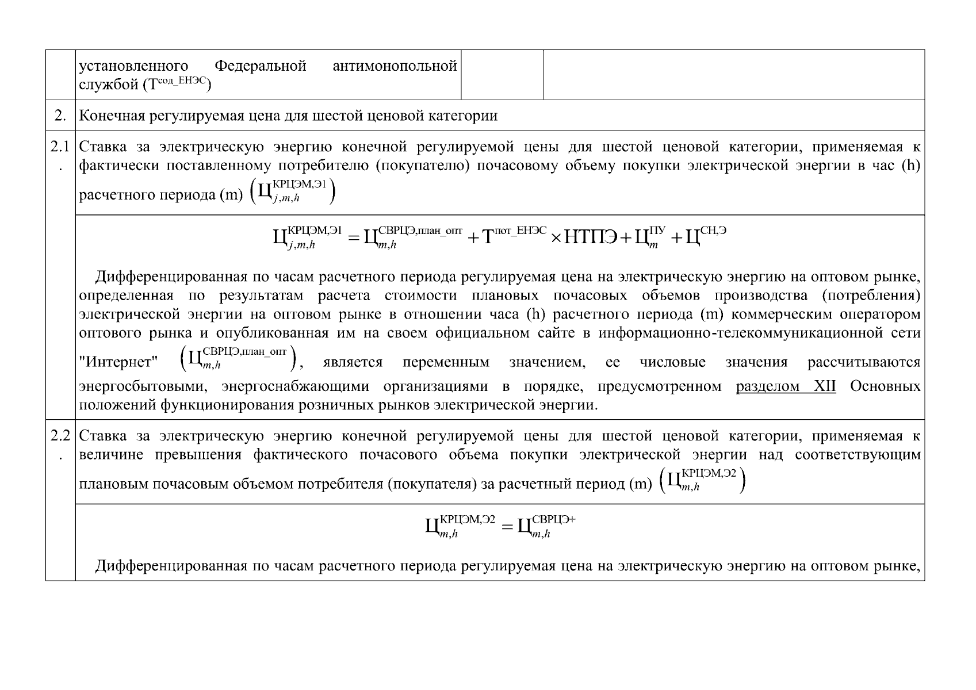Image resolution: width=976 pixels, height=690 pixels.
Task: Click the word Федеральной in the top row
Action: (x=260, y=66)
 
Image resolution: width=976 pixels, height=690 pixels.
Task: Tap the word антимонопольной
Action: (x=395, y=66)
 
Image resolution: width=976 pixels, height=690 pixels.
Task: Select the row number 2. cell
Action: (x=60, y=116)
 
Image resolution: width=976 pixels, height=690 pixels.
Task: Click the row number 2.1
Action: (x=60, y=148)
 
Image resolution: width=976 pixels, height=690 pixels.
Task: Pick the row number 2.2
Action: (x=60, y=436)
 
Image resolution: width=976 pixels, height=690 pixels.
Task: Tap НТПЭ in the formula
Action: (x=591, y=236)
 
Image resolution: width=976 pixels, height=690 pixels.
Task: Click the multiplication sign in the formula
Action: (x=556, y=237)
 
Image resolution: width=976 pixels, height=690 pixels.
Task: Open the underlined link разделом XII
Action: (x=786, y=386)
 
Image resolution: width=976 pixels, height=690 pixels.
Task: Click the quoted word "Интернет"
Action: (x=118, y=362)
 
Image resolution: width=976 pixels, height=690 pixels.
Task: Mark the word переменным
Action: (x=446, y=362)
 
